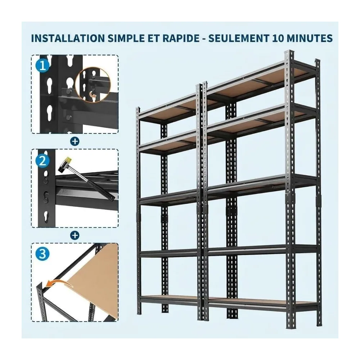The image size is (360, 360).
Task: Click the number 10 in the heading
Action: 279,39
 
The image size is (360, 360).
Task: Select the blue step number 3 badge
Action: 43,254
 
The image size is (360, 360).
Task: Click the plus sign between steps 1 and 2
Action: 75,141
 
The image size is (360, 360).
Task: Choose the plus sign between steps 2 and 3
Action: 75,235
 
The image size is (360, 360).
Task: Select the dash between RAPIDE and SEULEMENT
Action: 203,39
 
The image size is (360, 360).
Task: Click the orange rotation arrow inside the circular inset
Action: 93,94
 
